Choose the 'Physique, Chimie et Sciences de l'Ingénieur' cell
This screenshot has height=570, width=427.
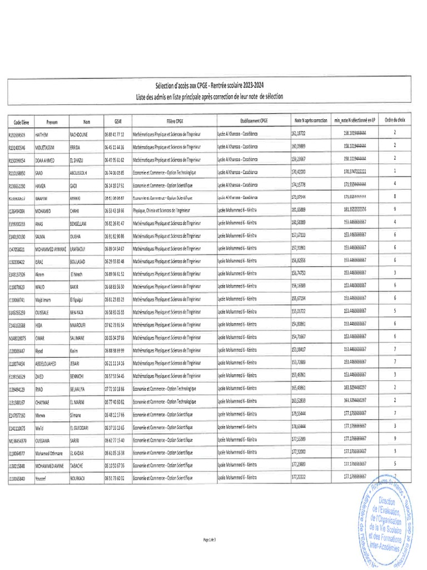coord(165,210)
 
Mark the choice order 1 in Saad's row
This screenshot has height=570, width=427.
coord(394,171)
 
